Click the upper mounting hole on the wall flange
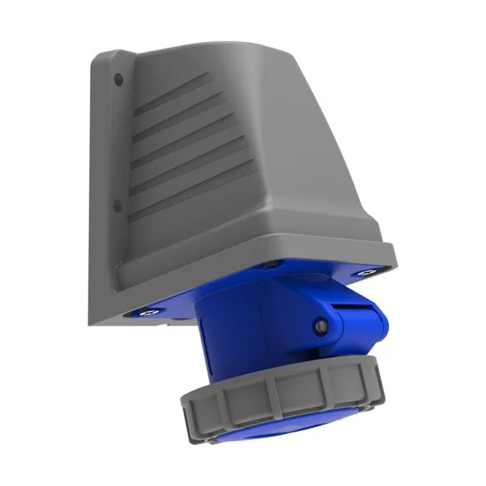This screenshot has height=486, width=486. tap(119, 79)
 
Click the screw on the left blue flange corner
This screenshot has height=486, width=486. tap(149, 309)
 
